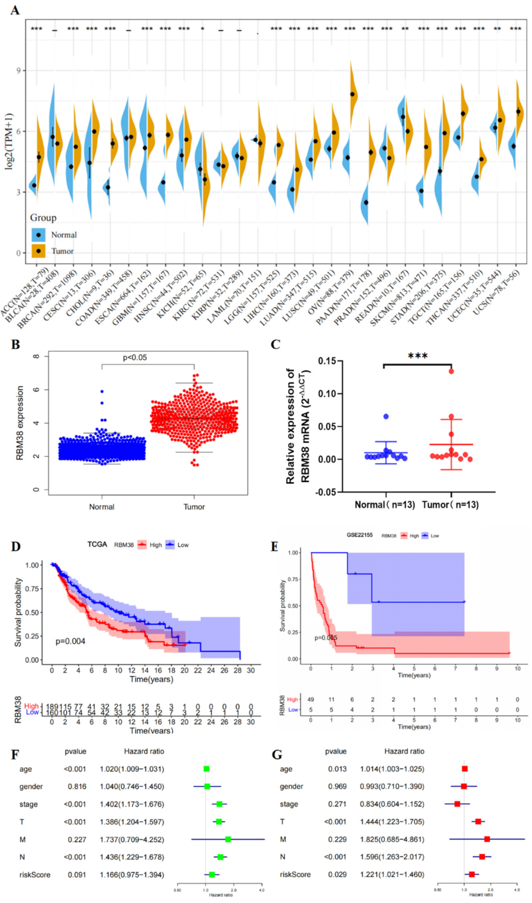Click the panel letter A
click(x=15, y=10)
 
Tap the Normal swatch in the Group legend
click(x=39, y=235)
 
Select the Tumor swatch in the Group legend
click(x=39, y=251)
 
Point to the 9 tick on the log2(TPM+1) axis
click(x=19, y=71)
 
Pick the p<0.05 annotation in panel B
click(x=135, y=358)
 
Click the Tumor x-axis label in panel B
click(x=194, y=507)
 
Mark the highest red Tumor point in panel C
click(x=451, y=371)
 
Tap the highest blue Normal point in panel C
click(x=386, y=416)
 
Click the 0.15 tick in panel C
click(x=327, y=361)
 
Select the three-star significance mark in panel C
click(x=417, y=356)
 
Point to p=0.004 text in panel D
click(x=70, y=641)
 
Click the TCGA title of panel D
click(x=97, y=545)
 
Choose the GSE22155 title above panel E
click(x=359, y=535)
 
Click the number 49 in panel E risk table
click(x=311, y=700)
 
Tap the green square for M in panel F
click(x=228, y=839)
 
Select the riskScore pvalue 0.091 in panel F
click(x=77, y=874)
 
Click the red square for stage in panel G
click(x=457, y=804)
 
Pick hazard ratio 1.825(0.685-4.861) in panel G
click(x=392, y=839)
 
